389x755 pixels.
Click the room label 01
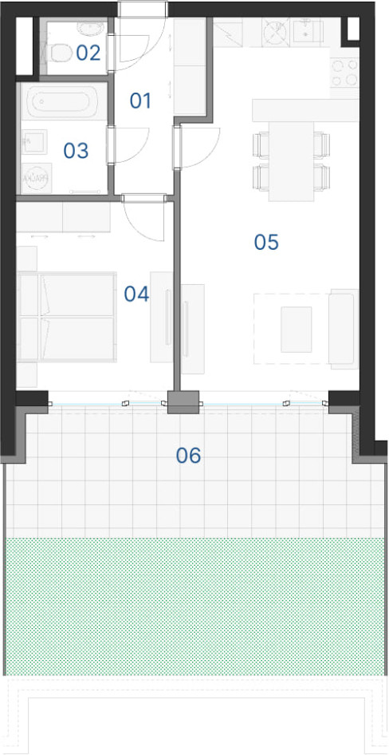[140, 101]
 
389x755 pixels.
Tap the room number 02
[88, 53]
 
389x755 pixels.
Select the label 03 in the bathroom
[76, 151]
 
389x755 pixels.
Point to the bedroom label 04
[136, 294]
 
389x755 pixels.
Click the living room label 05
[266, 243]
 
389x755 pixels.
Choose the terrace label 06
[188, 456]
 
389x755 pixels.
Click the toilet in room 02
[59, 52]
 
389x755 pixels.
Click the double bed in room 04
[67, 317]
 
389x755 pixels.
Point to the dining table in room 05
[292, 161]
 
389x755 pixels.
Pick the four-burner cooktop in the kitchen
[344, 72]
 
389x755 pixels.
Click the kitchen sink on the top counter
[306, 32]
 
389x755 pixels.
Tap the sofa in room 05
[344, 328]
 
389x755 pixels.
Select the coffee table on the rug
[297, 330]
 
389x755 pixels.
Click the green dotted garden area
[194, 607]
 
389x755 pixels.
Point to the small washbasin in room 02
[92, 29]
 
